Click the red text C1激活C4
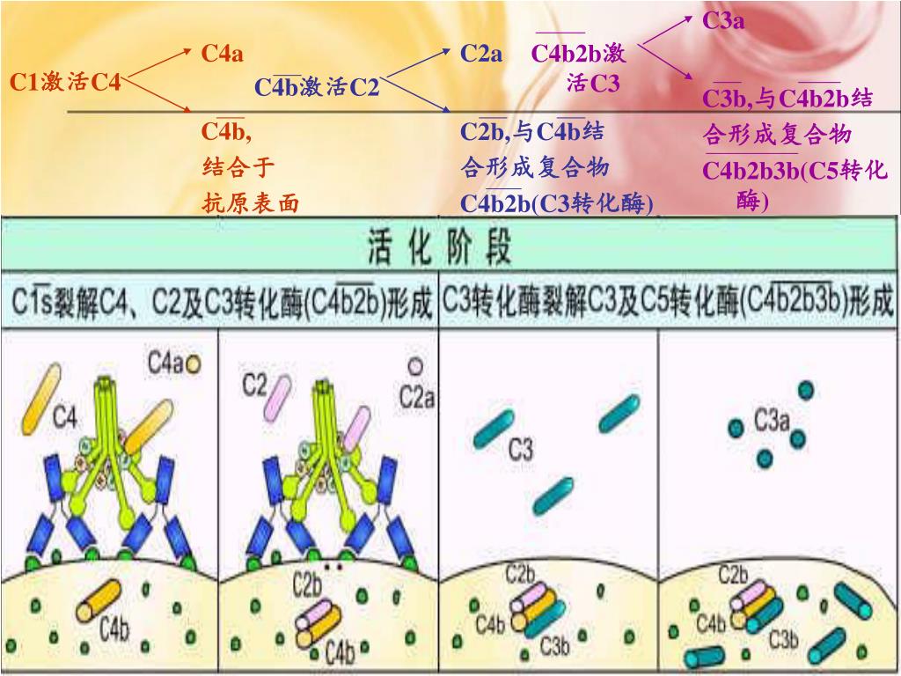pyautogui.click(x=65, y=83)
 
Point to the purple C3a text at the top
pyautogui.click(x=723, y=20)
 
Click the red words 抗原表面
pyautogui.click(x=251, y=204)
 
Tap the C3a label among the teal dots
pyautogui.click(x=771, y=422)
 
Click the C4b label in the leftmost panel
pyautogui.click(x=114, y=629)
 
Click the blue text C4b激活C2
pyautogui.click(x=317, y=87)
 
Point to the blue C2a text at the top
pyautogui.click(x=481, y=54)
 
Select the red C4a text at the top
pyautogui.click(x=222, y=54)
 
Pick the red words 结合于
pyautogui.click(x=238, y=167)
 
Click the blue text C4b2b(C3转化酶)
pyautogui.click(x=557, y=204)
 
